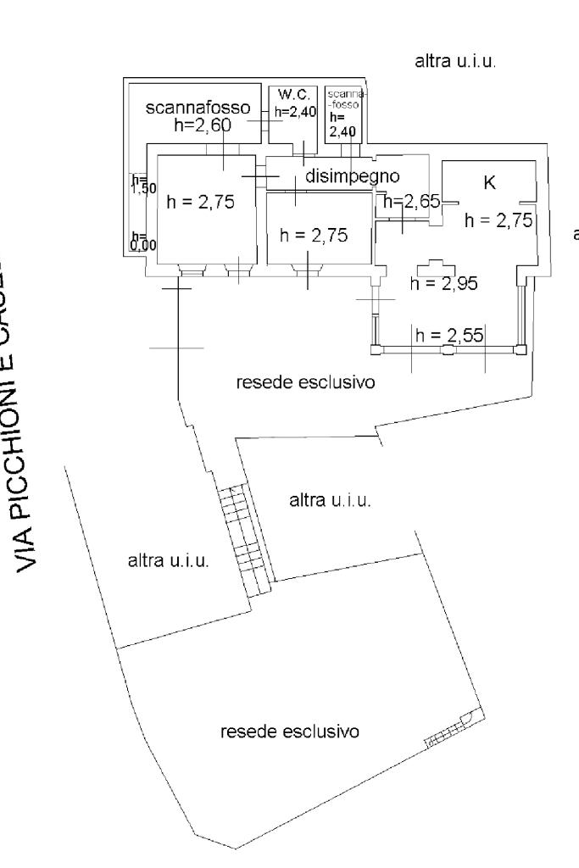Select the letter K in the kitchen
(x=489, y=183)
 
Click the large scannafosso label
(x=199, y=108)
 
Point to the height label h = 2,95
(x=443, y=284)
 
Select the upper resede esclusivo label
(x=306, y=381)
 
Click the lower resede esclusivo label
(x=290, y=731)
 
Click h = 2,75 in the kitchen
(x=498, y=220)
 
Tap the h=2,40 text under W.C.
(x=294, y=112)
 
